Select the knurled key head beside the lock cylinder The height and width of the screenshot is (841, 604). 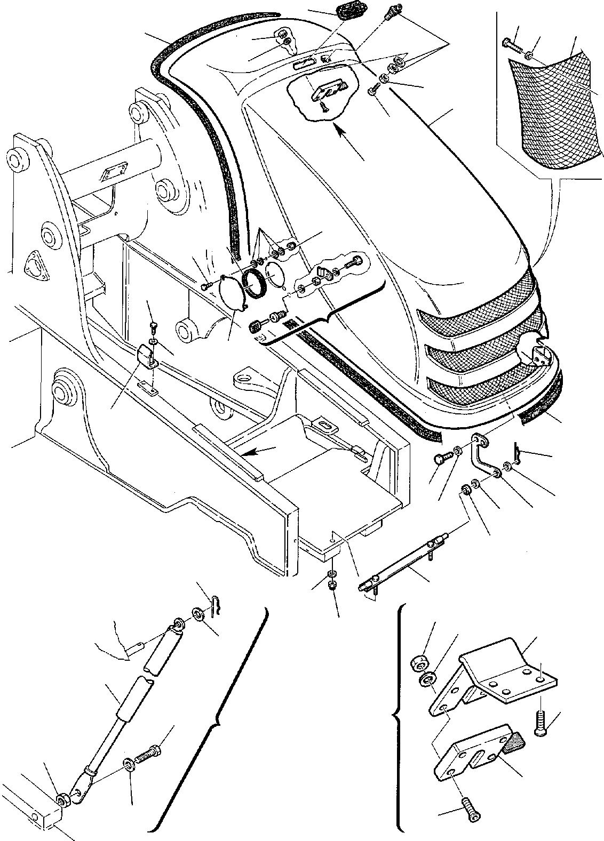pos(258,326)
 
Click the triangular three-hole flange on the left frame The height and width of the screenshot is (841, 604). pos(36,264)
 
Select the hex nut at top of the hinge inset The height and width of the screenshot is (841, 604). pos(417,663)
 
